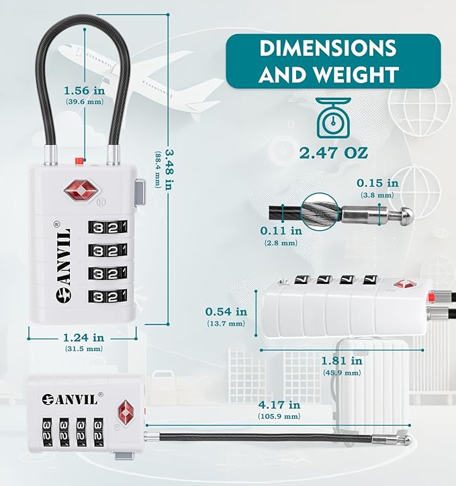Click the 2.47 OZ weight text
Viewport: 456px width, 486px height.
coord(334,153)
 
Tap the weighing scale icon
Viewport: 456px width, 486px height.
coord(333,117)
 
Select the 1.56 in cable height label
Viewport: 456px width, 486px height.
coord(85,91)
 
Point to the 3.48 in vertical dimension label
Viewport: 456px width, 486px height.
coord(170,170)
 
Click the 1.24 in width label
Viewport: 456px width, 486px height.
coord(84,337)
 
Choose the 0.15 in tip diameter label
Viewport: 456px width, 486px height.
coord(377,183)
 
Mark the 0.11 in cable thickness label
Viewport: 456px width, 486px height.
coord(281,231)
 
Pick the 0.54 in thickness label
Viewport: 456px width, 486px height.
coord(226,311)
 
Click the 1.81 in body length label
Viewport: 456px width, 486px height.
coord(342,360)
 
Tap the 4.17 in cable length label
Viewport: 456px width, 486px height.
coord(279,405)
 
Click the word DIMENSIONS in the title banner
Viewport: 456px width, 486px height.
coord(328,48)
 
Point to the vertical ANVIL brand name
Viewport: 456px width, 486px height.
coord(64,261)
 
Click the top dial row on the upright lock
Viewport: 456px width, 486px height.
coord(107,228)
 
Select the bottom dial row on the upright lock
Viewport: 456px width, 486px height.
coord(107,297)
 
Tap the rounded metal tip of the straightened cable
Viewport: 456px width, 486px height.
coord(408,439)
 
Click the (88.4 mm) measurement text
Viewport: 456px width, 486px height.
coord(158,169)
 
